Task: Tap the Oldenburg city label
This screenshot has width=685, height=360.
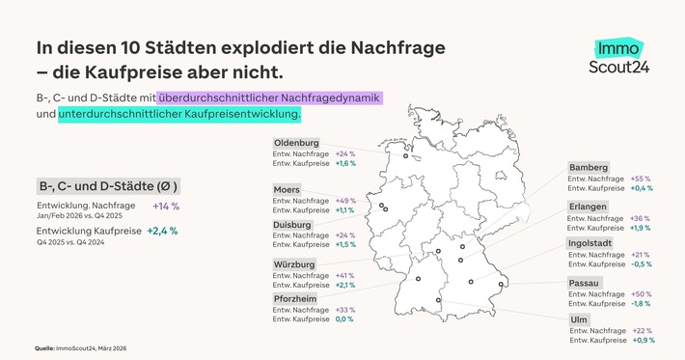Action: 297,143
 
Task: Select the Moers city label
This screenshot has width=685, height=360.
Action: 287,189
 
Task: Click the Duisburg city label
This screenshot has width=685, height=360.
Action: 294,224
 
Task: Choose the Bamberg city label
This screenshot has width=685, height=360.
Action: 589,167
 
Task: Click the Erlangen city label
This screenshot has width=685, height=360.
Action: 589,207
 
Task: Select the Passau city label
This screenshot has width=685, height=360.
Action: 585,283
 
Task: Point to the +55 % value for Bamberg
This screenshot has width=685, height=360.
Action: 640,179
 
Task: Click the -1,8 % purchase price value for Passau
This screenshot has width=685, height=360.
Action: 639,303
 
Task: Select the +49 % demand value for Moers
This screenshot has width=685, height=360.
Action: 345,201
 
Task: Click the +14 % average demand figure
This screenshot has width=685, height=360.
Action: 165,207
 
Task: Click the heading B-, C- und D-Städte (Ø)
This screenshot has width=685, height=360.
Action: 108,185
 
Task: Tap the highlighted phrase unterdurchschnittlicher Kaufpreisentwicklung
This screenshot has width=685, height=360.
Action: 179,115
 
